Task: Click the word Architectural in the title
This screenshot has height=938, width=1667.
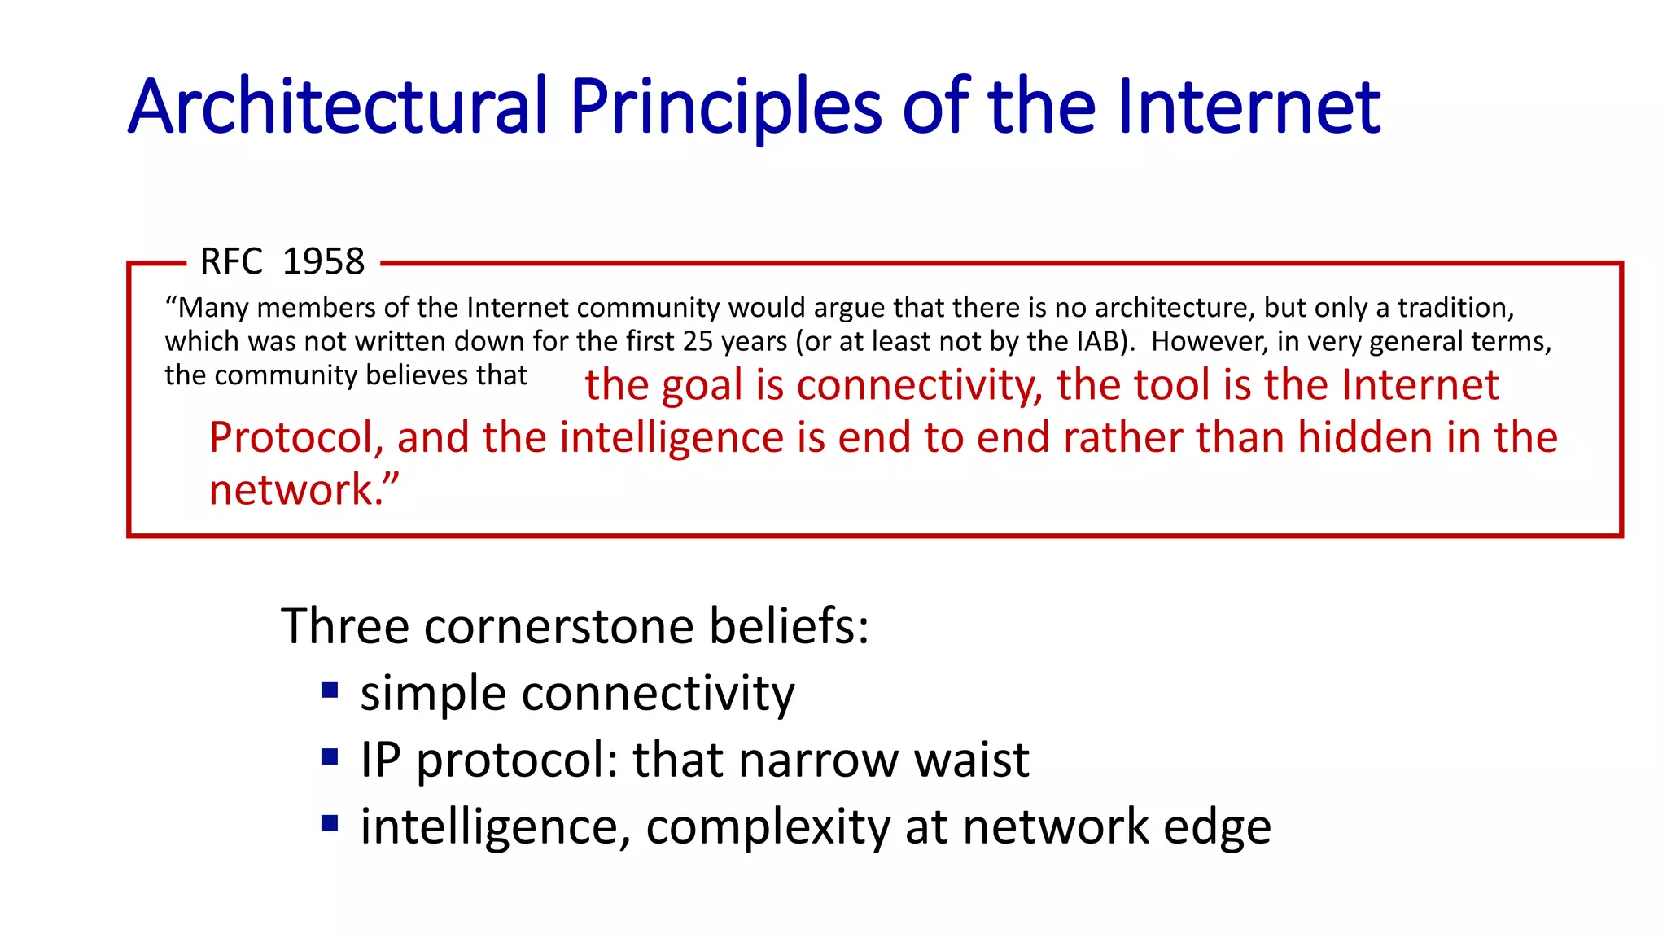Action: pos(338,106)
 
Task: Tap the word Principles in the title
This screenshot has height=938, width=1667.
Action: pos(725,106)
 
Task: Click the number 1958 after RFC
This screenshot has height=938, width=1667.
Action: pos(323,262)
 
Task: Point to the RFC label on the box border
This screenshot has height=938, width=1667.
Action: pos(231,262)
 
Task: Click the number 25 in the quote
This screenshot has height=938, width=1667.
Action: pos(698,341)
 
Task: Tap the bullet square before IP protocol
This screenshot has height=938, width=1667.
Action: pos(330,758)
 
